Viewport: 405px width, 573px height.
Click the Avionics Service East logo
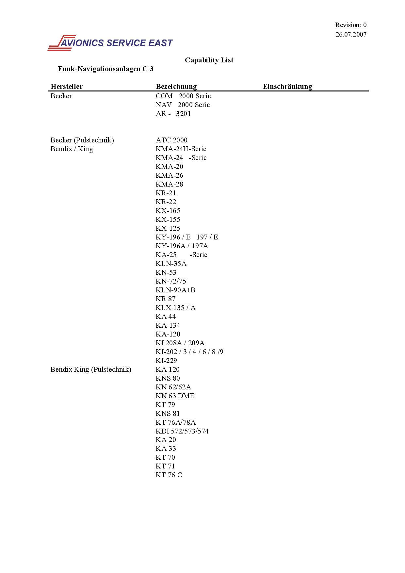click(x=110, y=43)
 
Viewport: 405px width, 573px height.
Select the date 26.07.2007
click(x=351, y=34)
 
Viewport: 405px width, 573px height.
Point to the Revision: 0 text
click(x=351, y=25)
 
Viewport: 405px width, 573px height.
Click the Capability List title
click(x=209, y=60)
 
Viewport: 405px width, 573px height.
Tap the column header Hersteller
click(x=67, y=87)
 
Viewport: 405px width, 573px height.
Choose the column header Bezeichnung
click(x=176, y=87)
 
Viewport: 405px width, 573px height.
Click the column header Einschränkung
click(x=287, y=87)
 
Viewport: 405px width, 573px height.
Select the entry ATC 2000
click(x=171, y=140)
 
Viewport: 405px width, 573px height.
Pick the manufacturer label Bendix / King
click(x=72, y=149)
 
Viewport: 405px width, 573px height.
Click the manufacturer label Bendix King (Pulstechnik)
click(x=91, y=369)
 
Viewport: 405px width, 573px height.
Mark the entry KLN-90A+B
click(x=175, y=290)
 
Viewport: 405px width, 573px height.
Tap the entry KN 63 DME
click(x=175, y=396)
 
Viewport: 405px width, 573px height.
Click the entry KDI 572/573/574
click(x=182, y=431)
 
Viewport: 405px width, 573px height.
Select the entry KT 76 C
click(x=169, y=475)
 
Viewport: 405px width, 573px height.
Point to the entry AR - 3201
click(x=173, y=114)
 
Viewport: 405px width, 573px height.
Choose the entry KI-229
click(x=166, y=361)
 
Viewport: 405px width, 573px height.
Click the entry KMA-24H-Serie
click(x=181, y=149)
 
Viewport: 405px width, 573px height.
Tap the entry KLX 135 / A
click(x=176, y=308)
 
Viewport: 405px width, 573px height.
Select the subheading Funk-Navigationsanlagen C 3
click(x=105, y=69)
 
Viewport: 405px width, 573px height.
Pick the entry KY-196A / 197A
click(x=182, y=246)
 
